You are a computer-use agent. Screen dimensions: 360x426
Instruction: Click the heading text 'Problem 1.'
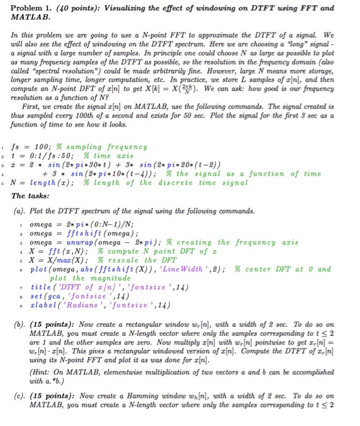pyautogui.click(x=29, y=9)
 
